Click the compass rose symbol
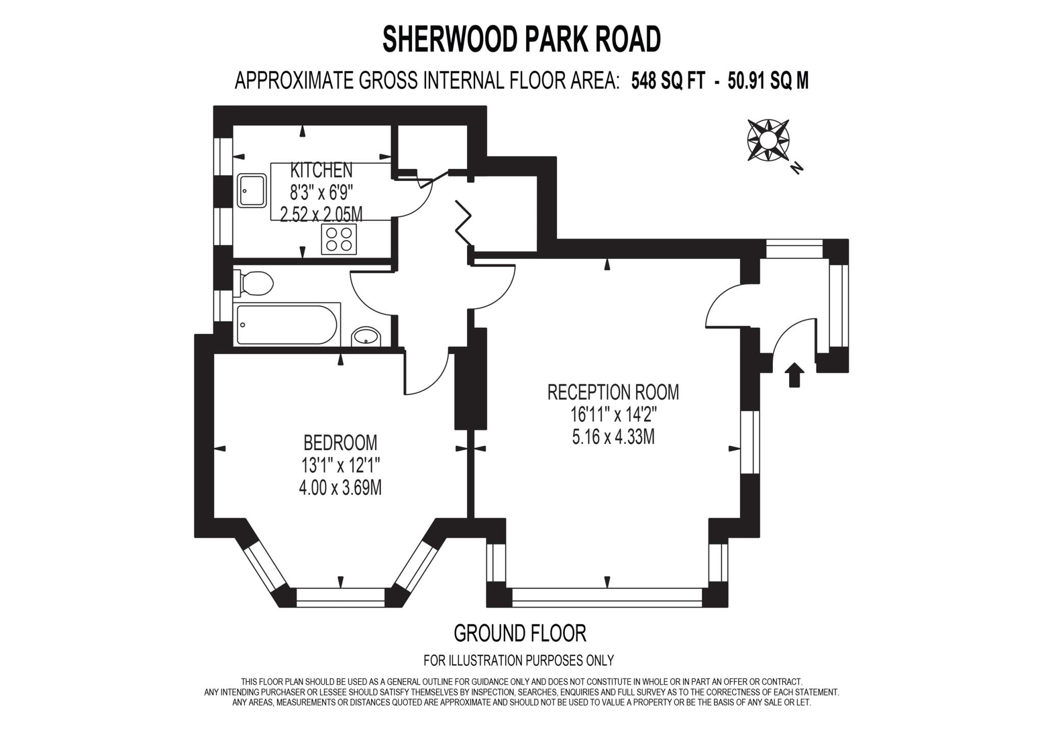click(768, 140)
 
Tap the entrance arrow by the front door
click(794, 375)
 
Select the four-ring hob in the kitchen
click(338, 240)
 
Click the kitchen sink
click(251, 191)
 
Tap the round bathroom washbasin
click(366, 336)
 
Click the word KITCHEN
click(321, 170)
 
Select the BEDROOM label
click(340, 442)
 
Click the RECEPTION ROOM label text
click(613, 392)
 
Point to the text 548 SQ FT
click(668, 81)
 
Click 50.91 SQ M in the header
click(768, 81)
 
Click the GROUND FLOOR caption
click(520, 634)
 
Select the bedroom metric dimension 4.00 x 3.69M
click(340, 488)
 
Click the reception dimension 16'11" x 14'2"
click(613, 415)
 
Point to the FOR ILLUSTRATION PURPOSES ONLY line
click(518, 661)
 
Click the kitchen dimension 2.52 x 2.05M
click(321, 215)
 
